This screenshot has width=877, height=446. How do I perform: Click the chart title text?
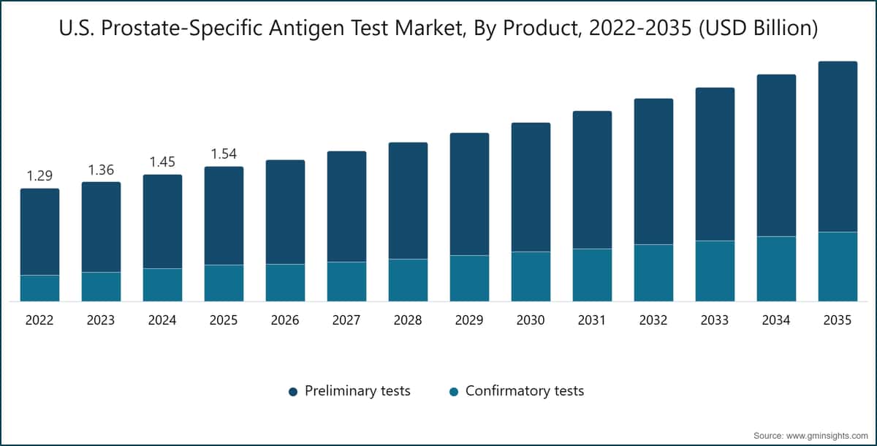tap(438, 29)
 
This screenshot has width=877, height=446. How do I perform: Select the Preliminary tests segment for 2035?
tap(838, 146)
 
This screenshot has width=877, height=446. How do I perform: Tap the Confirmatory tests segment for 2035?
tap(838, 266)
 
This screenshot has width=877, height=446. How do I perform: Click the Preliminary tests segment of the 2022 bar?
tap(39, 232)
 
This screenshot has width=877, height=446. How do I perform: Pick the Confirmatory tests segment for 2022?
tap(39, 288)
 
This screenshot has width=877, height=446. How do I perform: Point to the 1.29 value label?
tap(39, 176)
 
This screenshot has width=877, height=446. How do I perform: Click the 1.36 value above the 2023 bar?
tap(101, 170)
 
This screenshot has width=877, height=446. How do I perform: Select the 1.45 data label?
tap(162, 162)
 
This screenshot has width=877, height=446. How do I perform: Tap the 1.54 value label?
tap(224, 154)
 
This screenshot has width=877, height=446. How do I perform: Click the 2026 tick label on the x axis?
tap(285, 320)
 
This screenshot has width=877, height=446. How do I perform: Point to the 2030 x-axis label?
tap(531, 320)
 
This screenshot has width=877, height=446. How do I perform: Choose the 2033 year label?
tap(715, 320)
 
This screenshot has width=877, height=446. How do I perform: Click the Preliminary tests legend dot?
tap(293, 392)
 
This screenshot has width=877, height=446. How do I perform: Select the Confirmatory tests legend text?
tap(525, 391)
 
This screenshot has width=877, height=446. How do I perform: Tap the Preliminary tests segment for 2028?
tap(408, 200)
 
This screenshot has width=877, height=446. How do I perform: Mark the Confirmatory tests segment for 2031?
tap(592, 275)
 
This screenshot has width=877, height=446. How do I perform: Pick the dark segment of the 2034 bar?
tap(776, 155)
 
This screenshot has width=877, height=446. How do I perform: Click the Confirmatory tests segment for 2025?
tap(224, 283)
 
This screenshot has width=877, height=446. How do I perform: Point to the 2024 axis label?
tap(162, 320)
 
